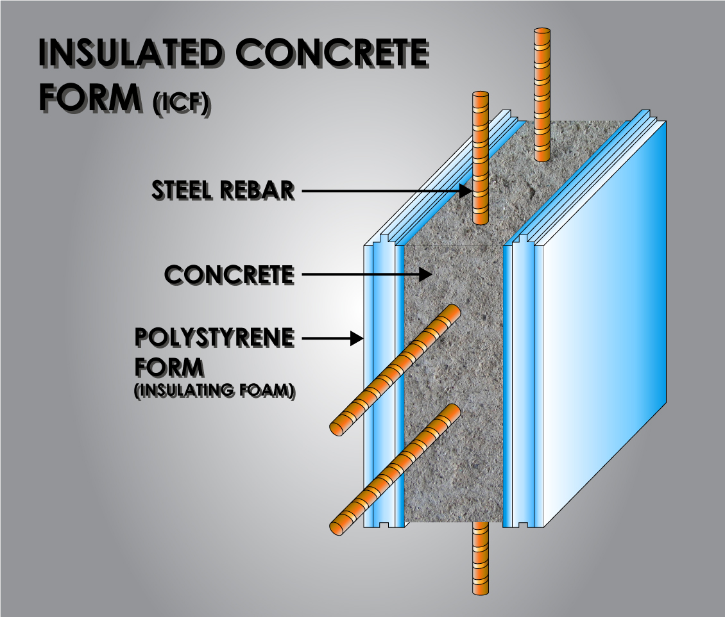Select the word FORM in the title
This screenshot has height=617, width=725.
tap(89, 97)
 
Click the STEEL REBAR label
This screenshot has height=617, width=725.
tap(223, 190)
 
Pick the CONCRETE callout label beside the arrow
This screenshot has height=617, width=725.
tap(229, 275)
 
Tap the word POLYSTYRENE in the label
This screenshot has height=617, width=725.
tap(214, 338)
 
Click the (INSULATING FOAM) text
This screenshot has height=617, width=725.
tap(214, 391)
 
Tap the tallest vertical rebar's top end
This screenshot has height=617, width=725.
tap(543, 33)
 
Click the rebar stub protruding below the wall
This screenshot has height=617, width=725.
tap(479, 557)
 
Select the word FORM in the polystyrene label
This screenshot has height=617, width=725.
tap(169, 368)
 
